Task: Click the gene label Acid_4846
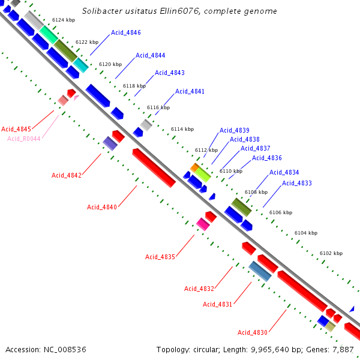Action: point(126,33)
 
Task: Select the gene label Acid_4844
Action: point(150,55)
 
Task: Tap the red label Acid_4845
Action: point(16,129)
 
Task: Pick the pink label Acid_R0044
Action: point(24,139)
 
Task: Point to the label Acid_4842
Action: point(66,175)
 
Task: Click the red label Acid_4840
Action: point(102,207)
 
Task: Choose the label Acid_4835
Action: point(160,257)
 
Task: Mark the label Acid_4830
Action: point(253,332)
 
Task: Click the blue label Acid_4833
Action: point(297,183)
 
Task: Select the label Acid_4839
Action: point(235,130)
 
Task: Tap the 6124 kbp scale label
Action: point(64,20)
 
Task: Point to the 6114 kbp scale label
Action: point(182,129)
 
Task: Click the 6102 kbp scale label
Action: point(331,254)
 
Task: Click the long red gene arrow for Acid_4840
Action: point(154,168)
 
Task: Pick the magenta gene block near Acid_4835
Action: point(203,224)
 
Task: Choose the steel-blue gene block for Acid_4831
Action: point(260,271)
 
